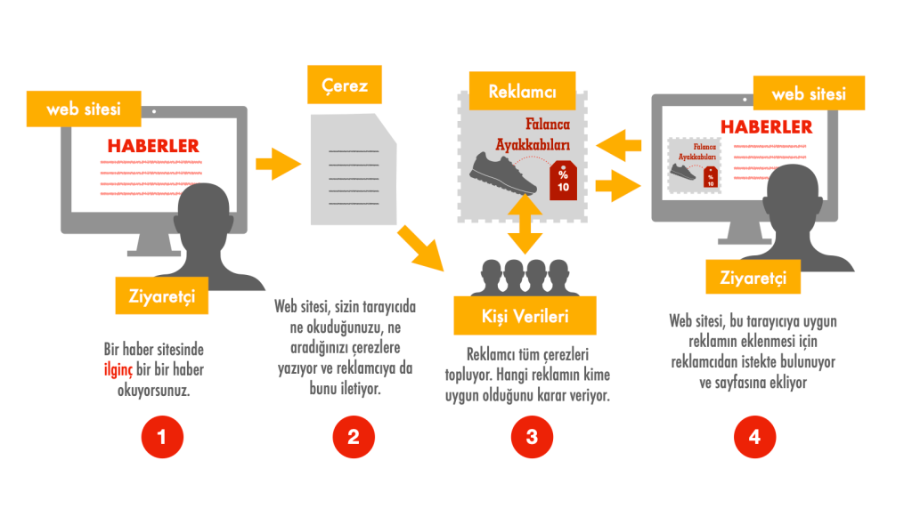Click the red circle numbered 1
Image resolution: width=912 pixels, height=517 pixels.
point(162,437)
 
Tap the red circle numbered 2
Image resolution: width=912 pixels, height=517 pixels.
point(354,437)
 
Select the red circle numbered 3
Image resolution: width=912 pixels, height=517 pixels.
point(533,437)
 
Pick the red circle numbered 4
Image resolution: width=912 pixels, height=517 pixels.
point(754,437)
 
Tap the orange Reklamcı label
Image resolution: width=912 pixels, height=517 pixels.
point(522,92)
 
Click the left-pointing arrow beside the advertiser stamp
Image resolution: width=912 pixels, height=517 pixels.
point(619,143)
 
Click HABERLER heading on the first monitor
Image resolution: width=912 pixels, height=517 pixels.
point(153,145)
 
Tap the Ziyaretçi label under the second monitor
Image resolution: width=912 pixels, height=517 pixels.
point(753,277)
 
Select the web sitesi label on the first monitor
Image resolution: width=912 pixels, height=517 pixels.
point(84,109)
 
